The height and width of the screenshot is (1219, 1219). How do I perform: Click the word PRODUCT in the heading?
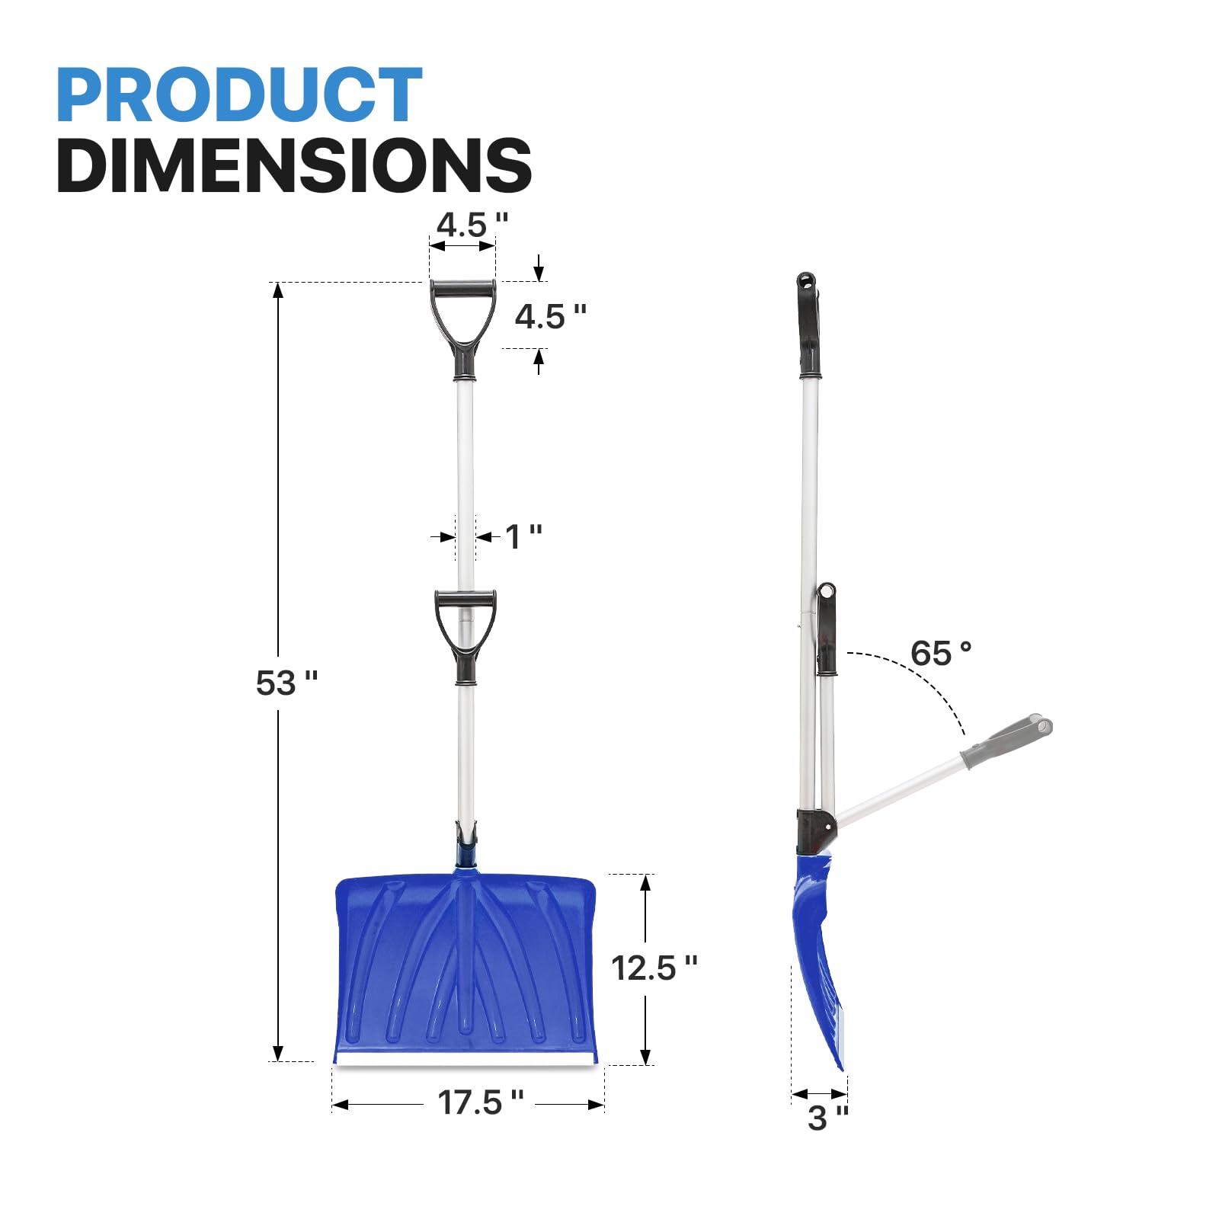238,95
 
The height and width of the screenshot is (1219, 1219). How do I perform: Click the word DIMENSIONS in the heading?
293,166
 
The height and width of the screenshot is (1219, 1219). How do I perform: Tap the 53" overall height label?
286,683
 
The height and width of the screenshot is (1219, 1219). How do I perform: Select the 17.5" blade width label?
480,1102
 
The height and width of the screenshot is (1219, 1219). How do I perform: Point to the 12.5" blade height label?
653,968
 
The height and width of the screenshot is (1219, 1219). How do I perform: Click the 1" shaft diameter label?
523,536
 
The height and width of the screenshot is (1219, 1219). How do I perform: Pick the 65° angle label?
940,654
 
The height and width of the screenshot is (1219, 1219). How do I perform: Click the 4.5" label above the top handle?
471,225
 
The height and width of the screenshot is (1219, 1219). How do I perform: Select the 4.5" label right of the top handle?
549,317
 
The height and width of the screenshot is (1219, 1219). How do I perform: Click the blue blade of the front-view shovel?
465,968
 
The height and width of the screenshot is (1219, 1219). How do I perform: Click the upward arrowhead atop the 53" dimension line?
278,290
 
